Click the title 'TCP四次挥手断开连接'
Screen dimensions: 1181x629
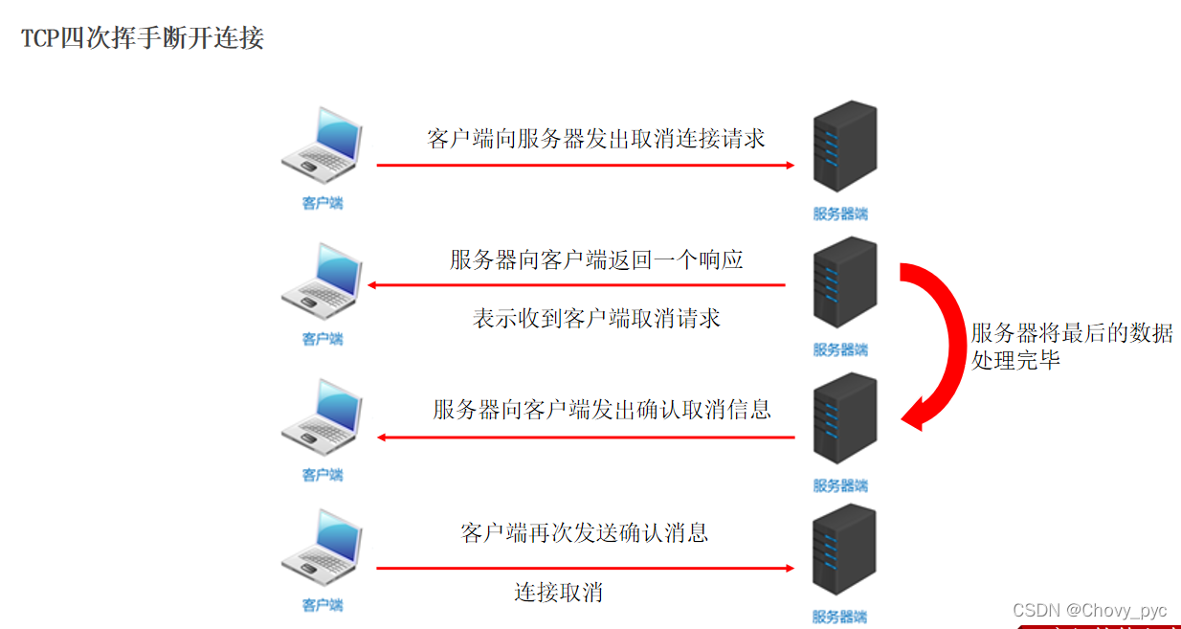click(x=143, y=39)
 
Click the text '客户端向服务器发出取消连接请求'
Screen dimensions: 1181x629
click(x=595, y=138)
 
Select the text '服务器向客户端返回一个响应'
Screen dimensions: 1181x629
click(x=596, y=259)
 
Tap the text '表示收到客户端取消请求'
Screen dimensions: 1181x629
click(x=596, y=318)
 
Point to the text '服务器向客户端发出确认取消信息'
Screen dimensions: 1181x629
click(x=602, y=410)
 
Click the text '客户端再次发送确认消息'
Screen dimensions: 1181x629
click(x=585, y=532)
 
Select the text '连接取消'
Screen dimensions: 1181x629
click(x=558, y=592)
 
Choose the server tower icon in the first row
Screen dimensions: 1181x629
click(x=843, y=147)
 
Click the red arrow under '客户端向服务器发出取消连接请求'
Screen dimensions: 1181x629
click(x=585, y=165)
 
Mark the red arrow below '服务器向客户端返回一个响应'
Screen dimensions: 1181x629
click(x=577, y=285)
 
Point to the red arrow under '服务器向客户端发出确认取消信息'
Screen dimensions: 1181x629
click(x=585, y=438)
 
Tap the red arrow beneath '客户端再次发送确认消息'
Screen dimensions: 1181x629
click(x=585, y=569)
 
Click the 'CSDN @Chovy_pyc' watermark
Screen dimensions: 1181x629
click(x=1089, y=610)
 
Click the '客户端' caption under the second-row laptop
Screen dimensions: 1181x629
click(x=323, y=339)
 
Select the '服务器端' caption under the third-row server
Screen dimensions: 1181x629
click(x=840, y=485)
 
